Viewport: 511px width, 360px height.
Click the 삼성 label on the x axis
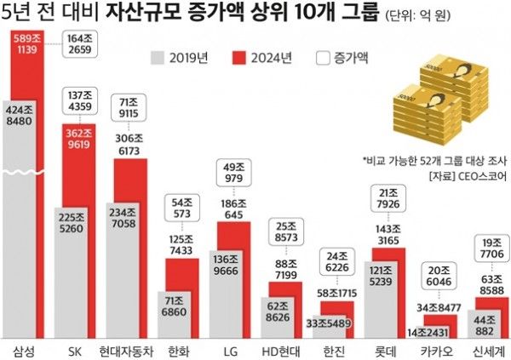click(25, 350)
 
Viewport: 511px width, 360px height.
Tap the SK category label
click(76, 350)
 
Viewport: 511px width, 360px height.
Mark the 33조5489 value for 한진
click(326, 324)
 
